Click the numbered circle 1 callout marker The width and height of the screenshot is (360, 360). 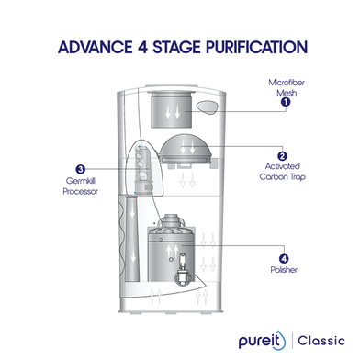coord(285,102)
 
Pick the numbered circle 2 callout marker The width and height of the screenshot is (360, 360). coord(282,156)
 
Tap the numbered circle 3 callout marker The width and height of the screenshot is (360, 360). coord(81,169)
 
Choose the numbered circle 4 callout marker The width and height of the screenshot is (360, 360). coord(283,260)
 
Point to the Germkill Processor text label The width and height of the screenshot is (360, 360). coord(81,187)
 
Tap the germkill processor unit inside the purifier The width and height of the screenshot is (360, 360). coord(142,169)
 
